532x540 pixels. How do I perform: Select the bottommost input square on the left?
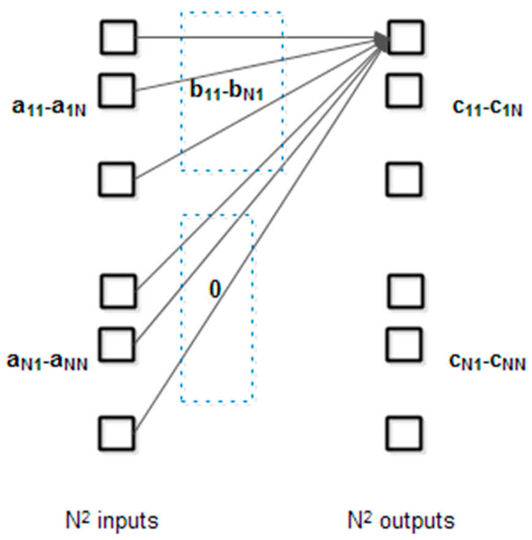click(117, 432)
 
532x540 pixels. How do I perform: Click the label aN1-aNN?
click(47, 362)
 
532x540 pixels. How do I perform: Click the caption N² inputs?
click(112, 521)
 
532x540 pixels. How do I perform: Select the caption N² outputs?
click(401, 521)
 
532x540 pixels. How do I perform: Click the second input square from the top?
click(117, 90)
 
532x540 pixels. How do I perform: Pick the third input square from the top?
click(117, 178)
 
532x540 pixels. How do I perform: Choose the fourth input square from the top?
click(118, 291)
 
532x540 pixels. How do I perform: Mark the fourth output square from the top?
click(405, 291)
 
